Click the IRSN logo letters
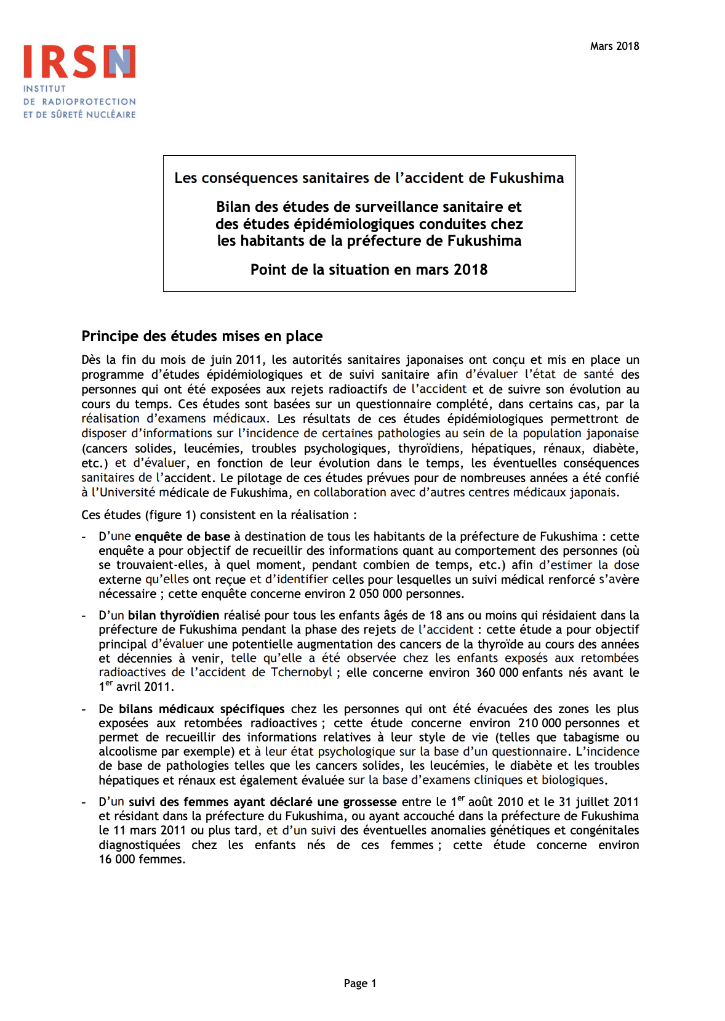click(79, 62)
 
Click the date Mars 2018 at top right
click(614, 46)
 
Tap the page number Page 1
click(360, 983)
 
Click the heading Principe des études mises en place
click(202, 336)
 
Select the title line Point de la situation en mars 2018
click(369, 270)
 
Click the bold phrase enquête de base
click(182, 536)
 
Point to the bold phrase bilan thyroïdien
click(174, 615)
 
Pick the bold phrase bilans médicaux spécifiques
click(201, 709)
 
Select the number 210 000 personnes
click(569, 723)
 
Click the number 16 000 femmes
click(142, 859)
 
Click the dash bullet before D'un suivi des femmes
click(84, 802)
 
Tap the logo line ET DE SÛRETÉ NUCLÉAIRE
click(79, 115)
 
